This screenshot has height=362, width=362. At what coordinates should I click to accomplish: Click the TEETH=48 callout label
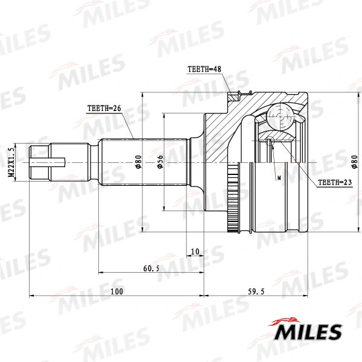pos(205,69)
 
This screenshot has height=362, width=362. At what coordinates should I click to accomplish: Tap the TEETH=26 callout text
pos(104,108)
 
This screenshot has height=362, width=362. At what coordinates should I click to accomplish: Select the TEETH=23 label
pos(335,182)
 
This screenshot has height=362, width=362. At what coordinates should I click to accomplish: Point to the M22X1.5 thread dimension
pos(11,162)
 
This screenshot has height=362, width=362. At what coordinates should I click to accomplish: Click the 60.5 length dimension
pos(151,268)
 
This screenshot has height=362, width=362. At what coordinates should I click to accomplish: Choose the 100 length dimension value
pos(116,291)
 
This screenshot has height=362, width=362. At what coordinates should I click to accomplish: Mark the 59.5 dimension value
pos(256,291)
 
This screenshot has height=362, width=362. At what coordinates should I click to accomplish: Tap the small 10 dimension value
pos(195,252)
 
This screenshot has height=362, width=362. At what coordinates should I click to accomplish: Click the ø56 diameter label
pos(160,162)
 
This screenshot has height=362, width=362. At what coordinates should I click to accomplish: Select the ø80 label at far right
pos(355,162)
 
